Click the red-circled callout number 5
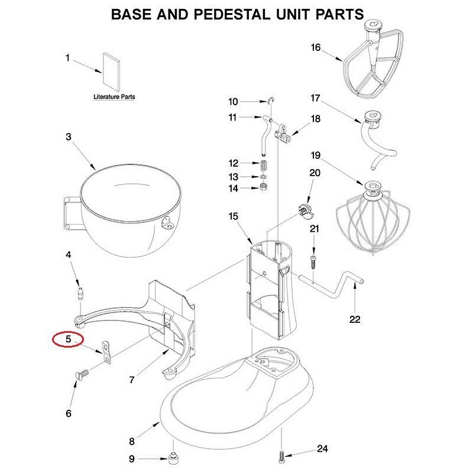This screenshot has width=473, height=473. (x=68, y=340)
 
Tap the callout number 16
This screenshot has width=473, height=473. (x=316, y=48)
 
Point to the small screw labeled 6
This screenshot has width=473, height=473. (x=83, y=374)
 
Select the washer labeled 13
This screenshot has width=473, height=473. (x=264, y=177)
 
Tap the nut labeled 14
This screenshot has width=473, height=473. (x=264, y=188)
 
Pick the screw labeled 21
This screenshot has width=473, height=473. (x=314, y=259)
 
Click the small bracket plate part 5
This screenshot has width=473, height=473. (x=107, y=352)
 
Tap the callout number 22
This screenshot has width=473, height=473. (x=354, y=320)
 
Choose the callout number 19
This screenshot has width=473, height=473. (x=316, y=156)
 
